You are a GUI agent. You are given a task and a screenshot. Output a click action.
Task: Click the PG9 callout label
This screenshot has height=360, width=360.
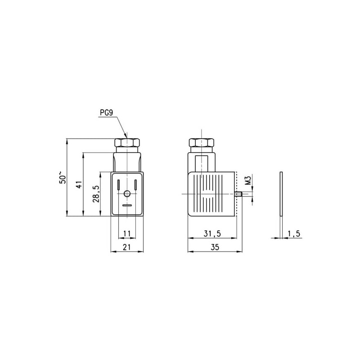[106, 113]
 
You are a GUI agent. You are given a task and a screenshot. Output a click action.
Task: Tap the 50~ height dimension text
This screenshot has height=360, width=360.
[63, 177]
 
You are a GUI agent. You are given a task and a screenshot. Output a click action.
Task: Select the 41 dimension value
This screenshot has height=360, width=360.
[79, 184]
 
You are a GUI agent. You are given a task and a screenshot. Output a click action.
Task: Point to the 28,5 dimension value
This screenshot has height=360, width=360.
[96, 194]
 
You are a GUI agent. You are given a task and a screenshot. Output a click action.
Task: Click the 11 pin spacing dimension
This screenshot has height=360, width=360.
[127, 234]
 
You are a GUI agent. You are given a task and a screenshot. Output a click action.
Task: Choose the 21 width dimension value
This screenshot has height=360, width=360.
[127, 247]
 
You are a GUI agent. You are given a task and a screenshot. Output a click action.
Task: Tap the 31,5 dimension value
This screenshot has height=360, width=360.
[212, 234]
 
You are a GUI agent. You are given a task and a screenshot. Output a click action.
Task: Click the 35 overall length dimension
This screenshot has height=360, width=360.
[215, 247]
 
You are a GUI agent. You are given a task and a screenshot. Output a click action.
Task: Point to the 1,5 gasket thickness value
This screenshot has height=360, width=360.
[294, 234]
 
